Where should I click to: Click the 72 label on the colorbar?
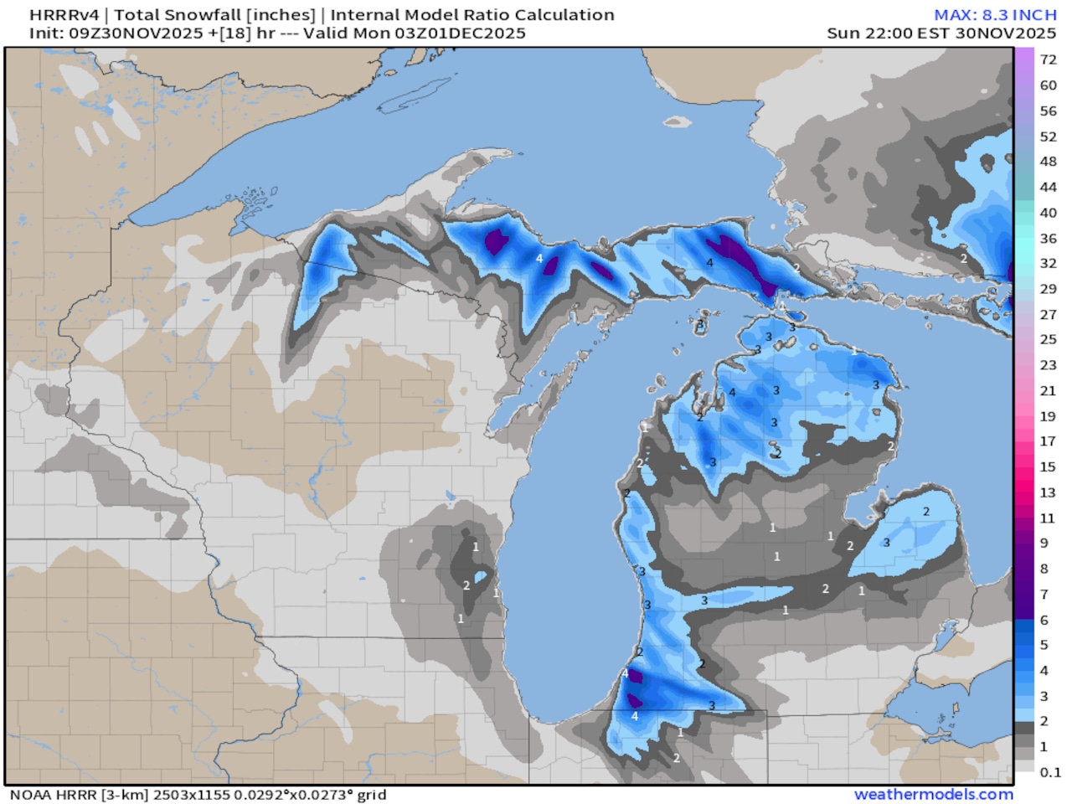coord(1048,59)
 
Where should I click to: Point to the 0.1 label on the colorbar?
coord(1050,772)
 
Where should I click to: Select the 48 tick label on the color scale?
coord(1048,162)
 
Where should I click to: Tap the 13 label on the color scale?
coord(1048,492)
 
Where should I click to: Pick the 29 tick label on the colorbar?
coord(1048,289)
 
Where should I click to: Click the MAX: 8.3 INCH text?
coord(995,15)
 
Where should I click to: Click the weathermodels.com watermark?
coord(933,794)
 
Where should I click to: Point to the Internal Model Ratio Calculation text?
coord(472,15)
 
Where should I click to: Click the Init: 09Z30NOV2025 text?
coord(116,33)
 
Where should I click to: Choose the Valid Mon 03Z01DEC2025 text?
coord(415,33)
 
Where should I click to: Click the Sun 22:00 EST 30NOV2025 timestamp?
coord(941,33)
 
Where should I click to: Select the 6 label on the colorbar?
coord(1044,620)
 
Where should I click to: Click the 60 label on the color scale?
coord(1048,85)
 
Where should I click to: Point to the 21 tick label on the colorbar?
coord(1048,390)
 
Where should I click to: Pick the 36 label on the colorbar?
coord(1048,238)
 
